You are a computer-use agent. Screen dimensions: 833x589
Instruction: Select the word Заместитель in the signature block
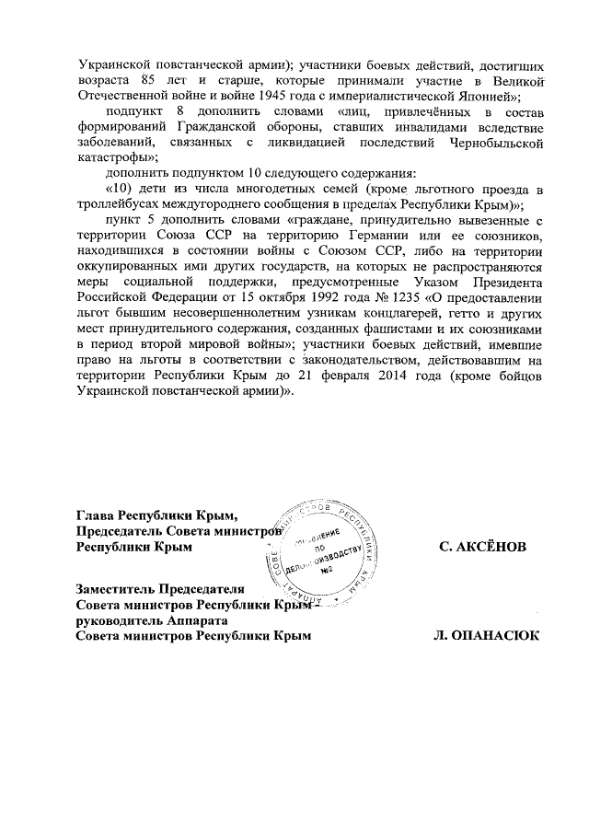[115, 589]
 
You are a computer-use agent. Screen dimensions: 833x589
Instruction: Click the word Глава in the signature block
[96, 516]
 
